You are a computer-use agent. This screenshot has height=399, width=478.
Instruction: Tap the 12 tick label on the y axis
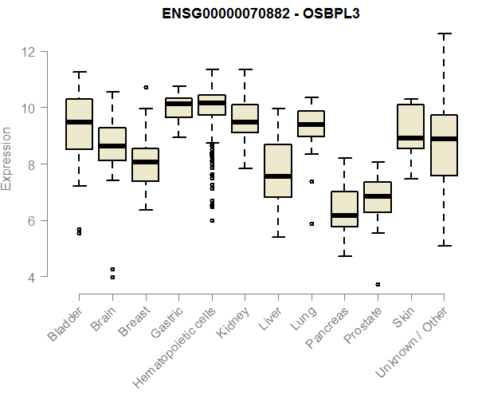click(29, 52)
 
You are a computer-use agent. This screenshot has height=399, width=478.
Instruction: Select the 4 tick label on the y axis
click(29, 277)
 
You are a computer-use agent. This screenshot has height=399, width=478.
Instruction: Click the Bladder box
click(79, 124)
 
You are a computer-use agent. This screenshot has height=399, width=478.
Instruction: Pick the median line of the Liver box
click(278, 176)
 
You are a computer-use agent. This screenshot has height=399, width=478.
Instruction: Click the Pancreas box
click(344, 209)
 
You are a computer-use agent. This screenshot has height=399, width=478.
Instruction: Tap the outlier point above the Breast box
click(146, 87)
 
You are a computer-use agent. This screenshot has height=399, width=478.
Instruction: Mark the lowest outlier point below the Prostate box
click(378, 284)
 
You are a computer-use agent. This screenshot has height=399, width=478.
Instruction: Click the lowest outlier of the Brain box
click(112, 278)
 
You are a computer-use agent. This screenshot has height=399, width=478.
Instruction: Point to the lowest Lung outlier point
click(311, 223)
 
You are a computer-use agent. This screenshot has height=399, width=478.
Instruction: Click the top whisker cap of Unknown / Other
click(444, 34)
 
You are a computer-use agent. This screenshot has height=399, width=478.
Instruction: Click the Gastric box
click(178, 108)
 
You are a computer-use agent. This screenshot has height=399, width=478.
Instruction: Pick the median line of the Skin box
click(411, 137)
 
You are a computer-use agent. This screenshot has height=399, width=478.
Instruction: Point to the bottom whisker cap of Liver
click(278, 236)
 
